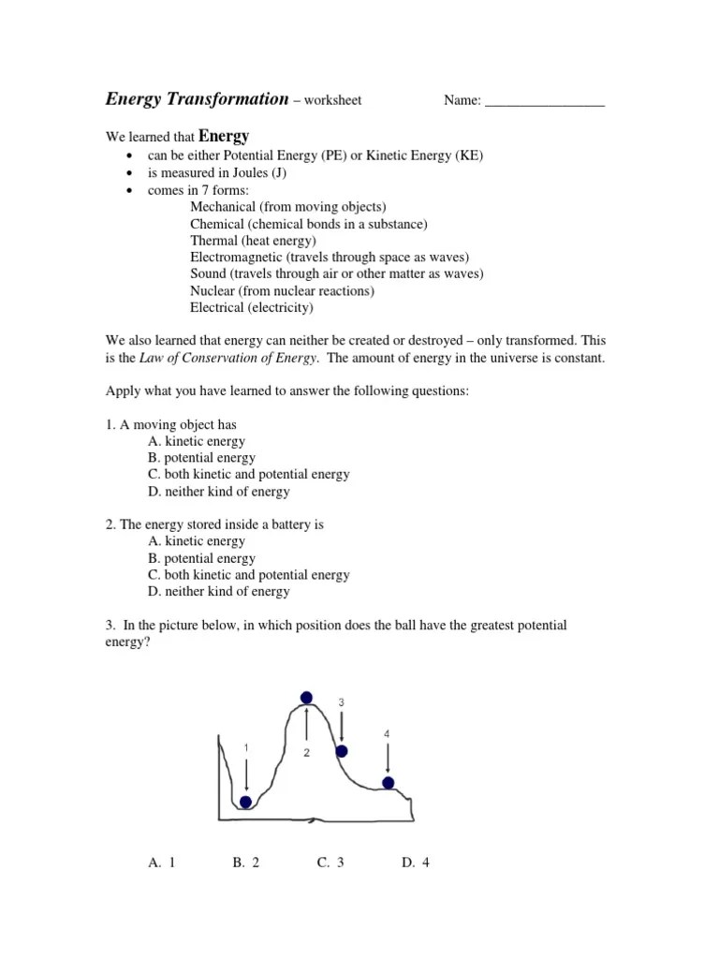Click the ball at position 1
coord(245,802)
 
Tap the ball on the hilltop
coord(306,697)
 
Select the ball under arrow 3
coord(342,751)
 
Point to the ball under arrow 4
coord(388,783)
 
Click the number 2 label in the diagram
coord(306,753)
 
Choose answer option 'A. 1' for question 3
coord(162,863)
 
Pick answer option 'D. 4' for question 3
coord(415,863)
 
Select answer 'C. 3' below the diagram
coord(330,863)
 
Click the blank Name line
coord(545,101)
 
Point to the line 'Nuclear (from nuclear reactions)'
coord(282,290)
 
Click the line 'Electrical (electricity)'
coord(252,307)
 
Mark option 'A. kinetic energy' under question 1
coord(197,441)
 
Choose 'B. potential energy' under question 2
coord(201,558)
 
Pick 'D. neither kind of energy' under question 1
coord(218,492)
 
